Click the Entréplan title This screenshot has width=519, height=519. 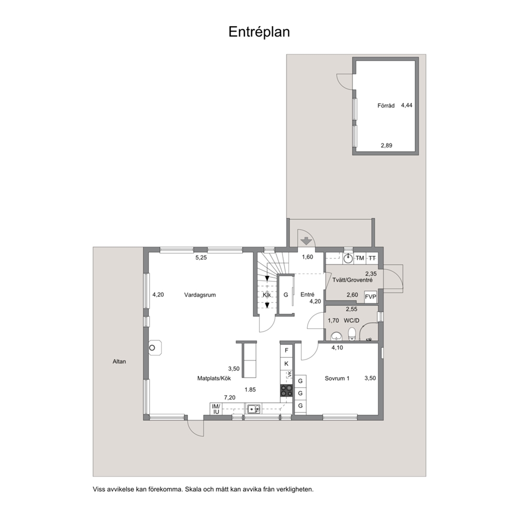259,32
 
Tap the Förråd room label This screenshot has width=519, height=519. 386,106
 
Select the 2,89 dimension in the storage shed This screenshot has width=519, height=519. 386,145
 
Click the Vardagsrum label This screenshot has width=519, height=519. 200,295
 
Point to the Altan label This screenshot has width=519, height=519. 119,362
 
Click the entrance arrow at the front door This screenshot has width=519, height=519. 307,241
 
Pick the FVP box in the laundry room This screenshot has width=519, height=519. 371,297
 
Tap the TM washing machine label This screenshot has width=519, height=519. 360,258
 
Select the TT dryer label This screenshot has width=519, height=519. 372,258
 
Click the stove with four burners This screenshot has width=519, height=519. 287,391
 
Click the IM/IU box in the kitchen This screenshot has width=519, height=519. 216,409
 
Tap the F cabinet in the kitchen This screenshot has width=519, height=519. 287,350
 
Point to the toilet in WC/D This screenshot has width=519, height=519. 352,334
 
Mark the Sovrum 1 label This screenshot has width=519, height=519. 337,378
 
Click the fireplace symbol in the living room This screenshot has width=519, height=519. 154,348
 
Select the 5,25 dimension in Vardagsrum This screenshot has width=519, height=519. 201,257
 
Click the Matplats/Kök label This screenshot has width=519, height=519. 214,378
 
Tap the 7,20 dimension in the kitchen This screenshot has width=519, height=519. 230,398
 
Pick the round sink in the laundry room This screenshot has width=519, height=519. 348,258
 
